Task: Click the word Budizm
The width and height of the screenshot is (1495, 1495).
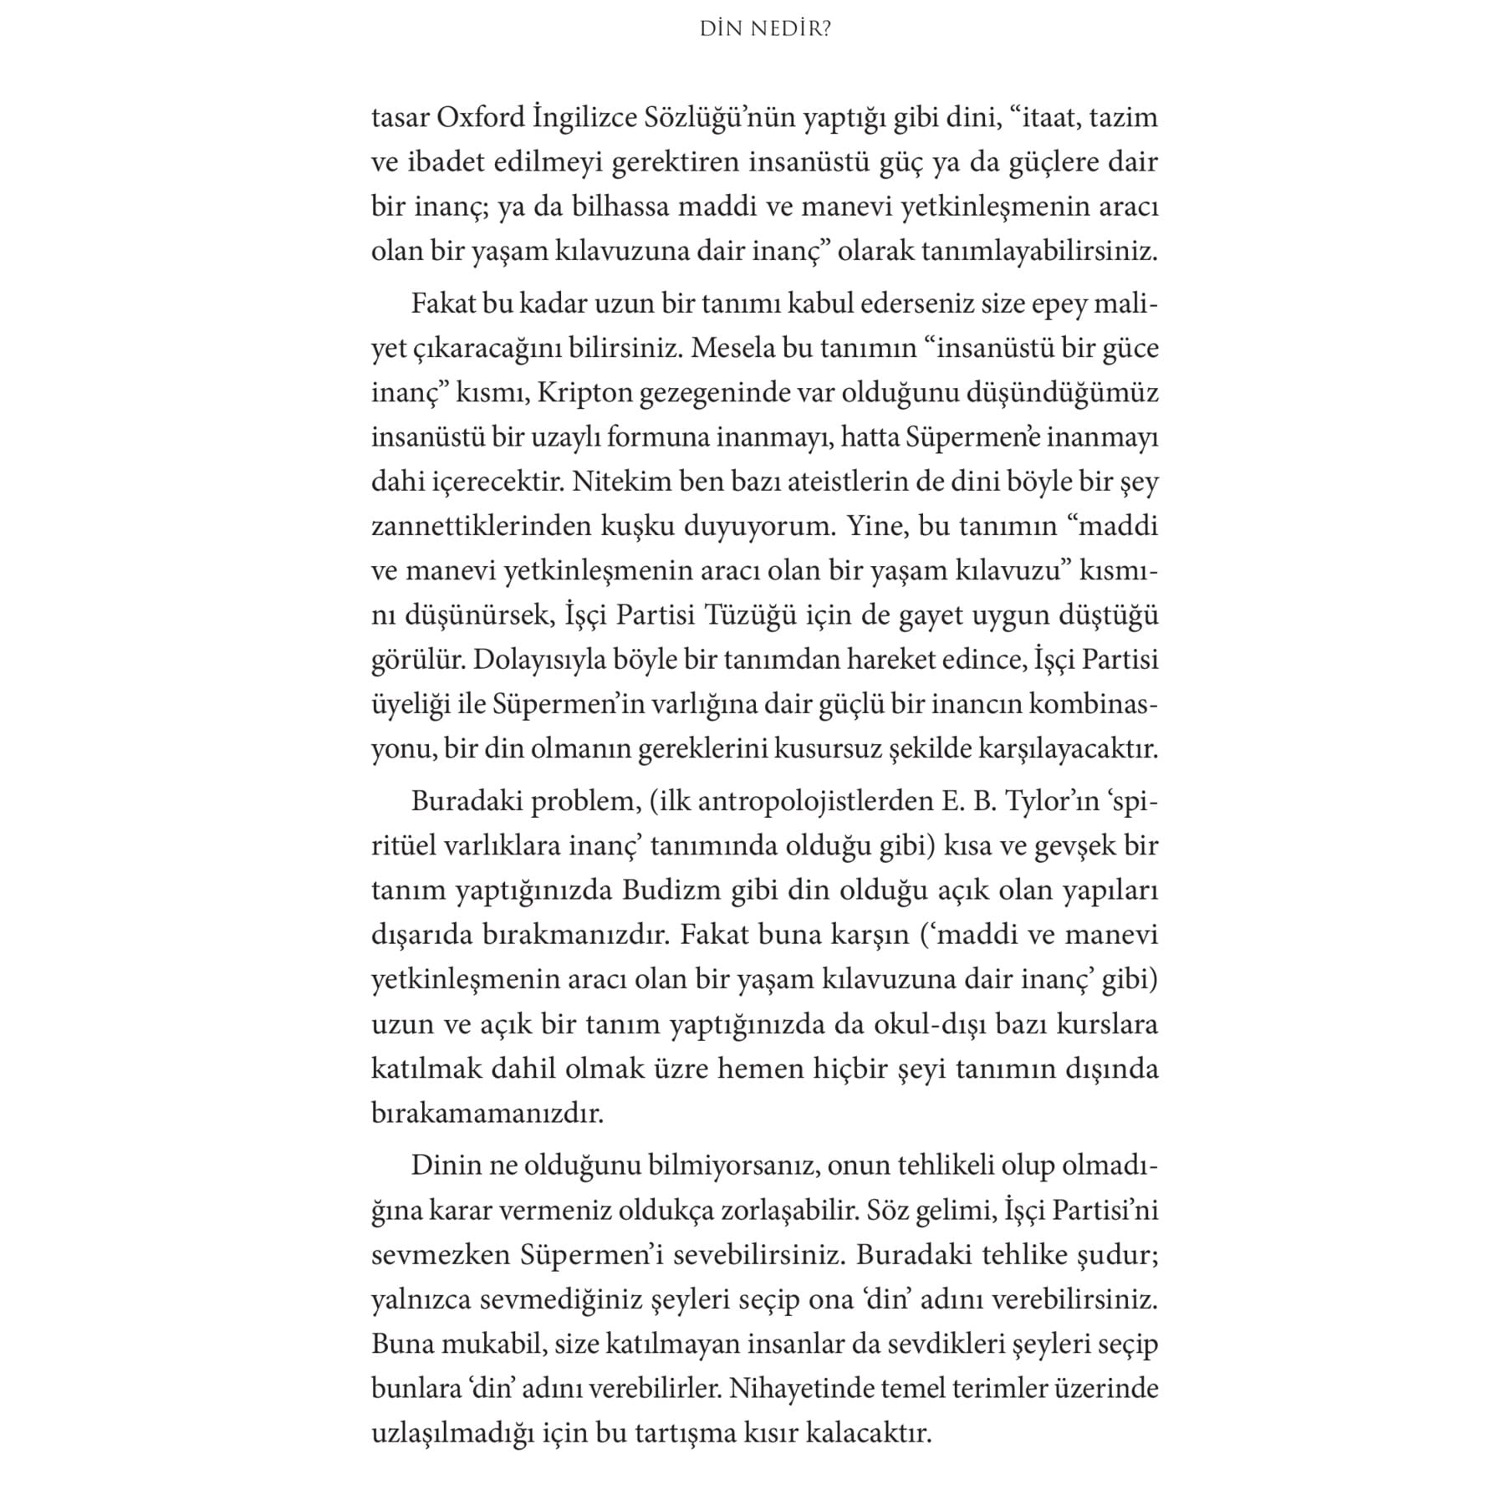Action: [x=671, y=890]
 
